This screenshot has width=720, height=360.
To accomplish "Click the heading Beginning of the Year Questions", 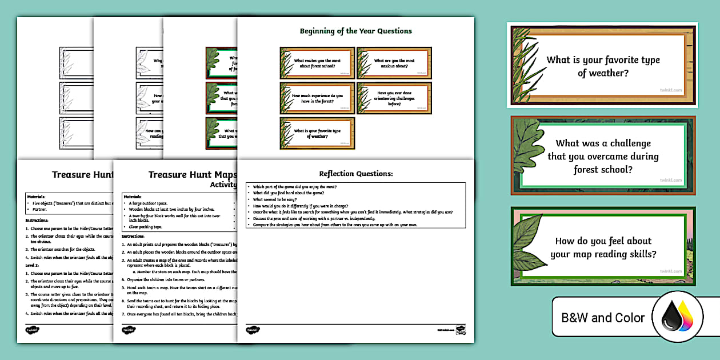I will click(355, 31).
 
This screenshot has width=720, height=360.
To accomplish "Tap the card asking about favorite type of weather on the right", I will click(602, 66).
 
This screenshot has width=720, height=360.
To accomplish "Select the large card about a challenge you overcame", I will click(603, 156).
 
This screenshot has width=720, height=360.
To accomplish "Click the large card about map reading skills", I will click(603, 247).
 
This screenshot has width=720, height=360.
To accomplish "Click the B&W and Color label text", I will click(603, 318).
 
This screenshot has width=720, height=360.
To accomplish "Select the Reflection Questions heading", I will click(355, 174).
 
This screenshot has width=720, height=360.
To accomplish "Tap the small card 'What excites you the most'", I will click(317, 63).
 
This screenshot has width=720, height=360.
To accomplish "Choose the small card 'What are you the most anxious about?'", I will click(394, 63).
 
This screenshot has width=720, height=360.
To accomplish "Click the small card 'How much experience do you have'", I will click(317, 98).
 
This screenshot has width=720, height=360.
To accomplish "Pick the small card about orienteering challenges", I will click(394, 98).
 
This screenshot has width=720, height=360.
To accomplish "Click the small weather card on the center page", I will click(317, 133).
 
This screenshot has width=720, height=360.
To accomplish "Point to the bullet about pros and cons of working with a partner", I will click(314, 218).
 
